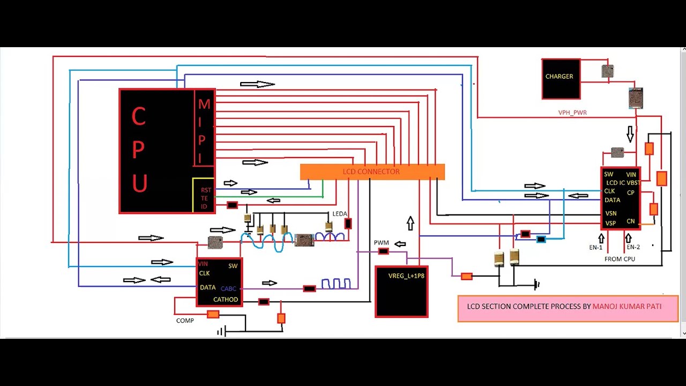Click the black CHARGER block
561,79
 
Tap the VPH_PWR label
572,113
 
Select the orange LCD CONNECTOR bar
372,172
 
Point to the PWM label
381,243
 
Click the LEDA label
339,214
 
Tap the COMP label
185,321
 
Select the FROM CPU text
620,259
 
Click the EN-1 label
595,247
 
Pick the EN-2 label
633,247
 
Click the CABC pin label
228,289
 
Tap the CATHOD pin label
226,300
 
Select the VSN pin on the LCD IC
610,213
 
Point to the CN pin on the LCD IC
631,221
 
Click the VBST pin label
633,183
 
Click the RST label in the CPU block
206,190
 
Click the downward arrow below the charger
630,134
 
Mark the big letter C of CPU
138,117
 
